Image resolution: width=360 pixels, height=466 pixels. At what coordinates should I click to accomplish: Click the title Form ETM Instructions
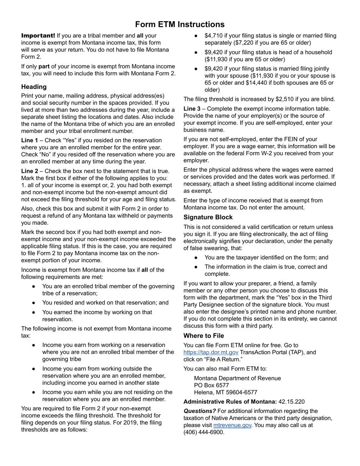[x=180, y=25]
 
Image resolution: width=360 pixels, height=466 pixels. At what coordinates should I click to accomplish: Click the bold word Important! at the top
[x=38, y=36]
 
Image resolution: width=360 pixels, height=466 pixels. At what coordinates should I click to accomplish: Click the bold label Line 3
[x=192, y=109]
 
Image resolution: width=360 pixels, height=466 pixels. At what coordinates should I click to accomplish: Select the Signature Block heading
[x=208, y=217]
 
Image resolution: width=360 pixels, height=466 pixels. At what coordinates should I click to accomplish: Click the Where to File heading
[x=203, y=336]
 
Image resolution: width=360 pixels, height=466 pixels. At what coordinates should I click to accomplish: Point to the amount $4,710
[x=213, y=36]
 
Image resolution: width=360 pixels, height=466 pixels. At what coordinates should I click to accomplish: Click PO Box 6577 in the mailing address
[x=211, y=385]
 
